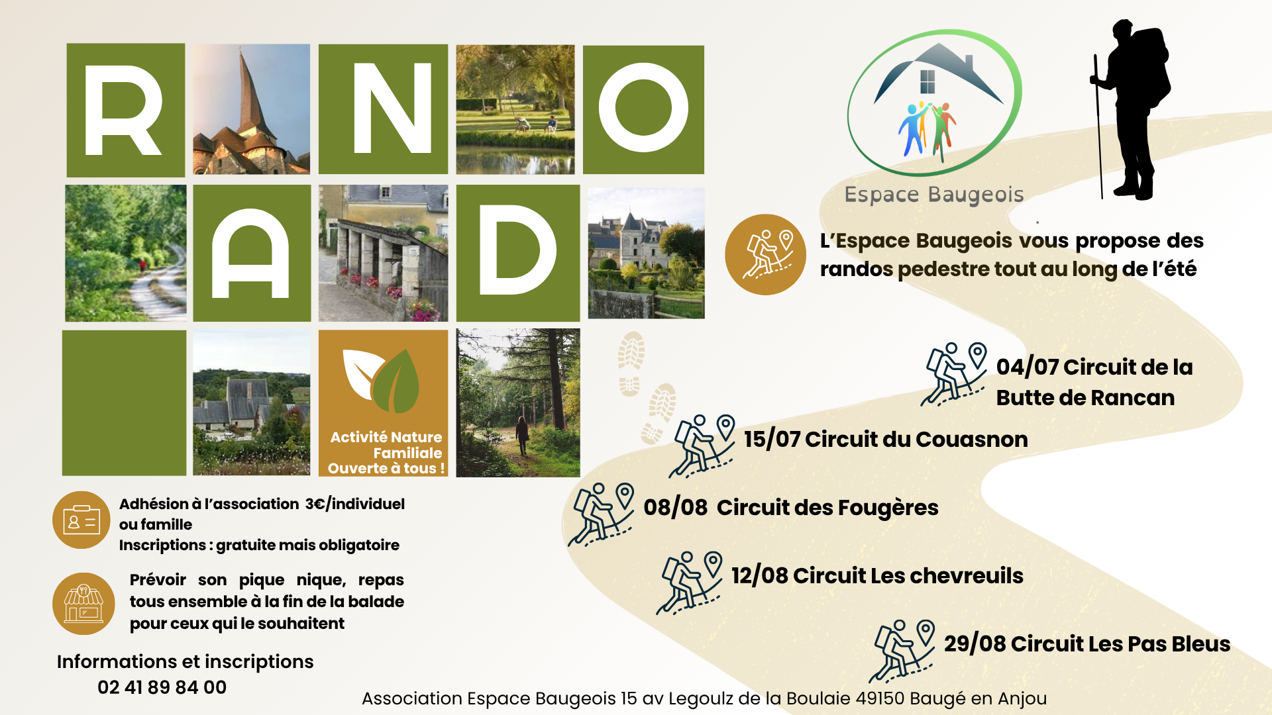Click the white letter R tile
click(x=126, y=110)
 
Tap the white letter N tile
click(x=383, y=109)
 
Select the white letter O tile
click(x=643, y=109)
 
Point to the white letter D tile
click(x=518, y=253)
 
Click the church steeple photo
click(x=251, y=109)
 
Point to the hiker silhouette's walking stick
click(x=1098, y=126)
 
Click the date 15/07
click(x=772, y=439)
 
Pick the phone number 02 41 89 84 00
click(x=162, y=687)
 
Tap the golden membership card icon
click(x=81, y=520)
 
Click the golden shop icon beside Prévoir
click(x=83, y=604)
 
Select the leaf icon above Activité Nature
click(x=382, y=380)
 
